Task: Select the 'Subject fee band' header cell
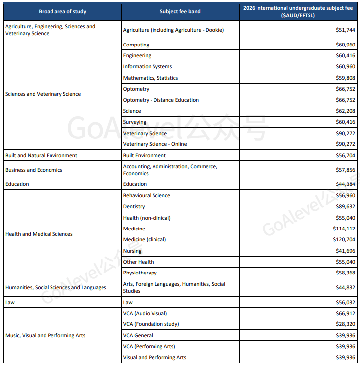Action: tap(180, 11)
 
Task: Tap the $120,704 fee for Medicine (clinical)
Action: tap(344, 240)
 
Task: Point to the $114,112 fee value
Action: tap(344, 229)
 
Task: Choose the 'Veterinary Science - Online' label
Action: tap(154, 144)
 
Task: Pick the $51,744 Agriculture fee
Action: tap(345, 30)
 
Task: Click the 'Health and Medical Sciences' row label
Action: tap(39, 234)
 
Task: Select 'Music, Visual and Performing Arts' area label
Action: tap(45, 336)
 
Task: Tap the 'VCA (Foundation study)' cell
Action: tap(151, 324)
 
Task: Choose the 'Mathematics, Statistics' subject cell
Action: tap(151, 78)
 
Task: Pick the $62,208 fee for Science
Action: tap(345, 111)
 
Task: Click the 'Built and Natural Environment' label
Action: tap(41, 156)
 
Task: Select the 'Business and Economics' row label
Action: tap(34, 170)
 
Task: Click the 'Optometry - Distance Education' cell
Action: tap(161, 100)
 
